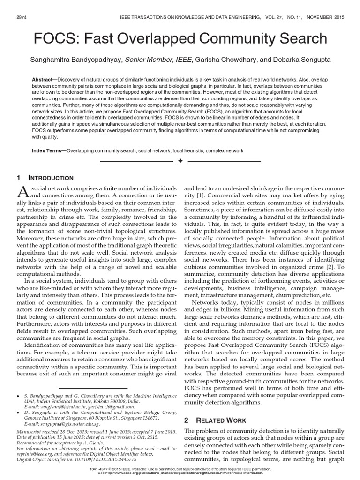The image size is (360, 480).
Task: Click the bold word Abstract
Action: (45, 79)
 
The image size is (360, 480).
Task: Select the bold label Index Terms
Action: (49, 151)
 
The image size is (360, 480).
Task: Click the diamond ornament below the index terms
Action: (180, 161)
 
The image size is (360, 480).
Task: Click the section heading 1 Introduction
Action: (45, 178)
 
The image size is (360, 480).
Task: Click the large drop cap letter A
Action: (23, 191)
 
